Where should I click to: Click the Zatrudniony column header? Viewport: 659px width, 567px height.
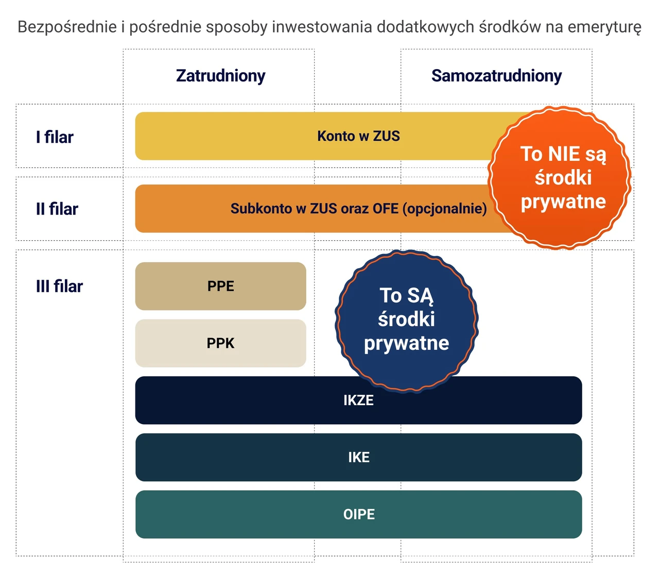tap(221, 76)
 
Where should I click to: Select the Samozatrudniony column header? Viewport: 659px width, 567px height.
tap(496, 76)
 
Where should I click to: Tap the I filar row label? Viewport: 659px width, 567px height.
tap(55, 137)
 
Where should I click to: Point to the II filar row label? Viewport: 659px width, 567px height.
tap(57, 209)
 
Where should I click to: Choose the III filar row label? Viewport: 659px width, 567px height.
tap(59, 286)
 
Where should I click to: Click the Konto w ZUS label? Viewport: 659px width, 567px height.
tap(358, 136)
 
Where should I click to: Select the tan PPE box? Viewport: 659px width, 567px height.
tap(221, 286)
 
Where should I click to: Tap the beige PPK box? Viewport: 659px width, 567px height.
tap(221, 343)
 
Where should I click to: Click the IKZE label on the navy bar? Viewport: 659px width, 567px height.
tap(359, 401)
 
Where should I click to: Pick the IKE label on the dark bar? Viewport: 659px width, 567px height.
tap(359, 457)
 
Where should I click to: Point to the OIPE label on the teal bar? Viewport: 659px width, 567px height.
tap(359, 514)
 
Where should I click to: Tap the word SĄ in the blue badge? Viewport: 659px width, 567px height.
tap(420, 296)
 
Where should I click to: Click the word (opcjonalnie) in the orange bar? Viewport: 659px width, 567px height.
tap(444, 209)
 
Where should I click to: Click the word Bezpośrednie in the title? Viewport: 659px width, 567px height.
tap(67, 27)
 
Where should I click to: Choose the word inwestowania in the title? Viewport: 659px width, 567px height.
tap(322, 26)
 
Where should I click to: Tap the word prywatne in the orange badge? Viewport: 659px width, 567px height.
tap(563, 202)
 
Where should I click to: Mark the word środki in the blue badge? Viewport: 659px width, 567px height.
tap(407, 319)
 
